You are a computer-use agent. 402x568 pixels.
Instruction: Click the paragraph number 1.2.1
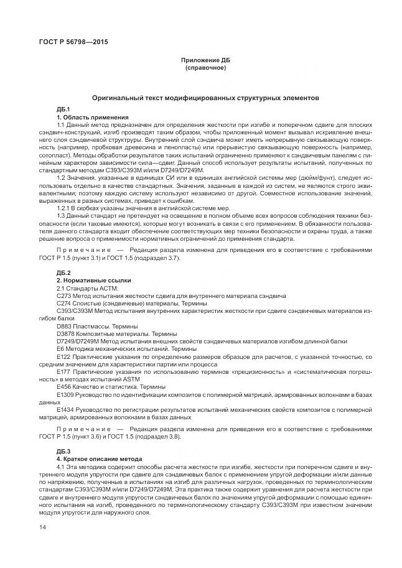pos(64,208)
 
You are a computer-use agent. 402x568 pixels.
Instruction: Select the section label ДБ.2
pos(63,273)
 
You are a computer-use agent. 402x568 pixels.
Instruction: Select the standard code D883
pos(64,326)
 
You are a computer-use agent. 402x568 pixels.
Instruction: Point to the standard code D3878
pos(66,333)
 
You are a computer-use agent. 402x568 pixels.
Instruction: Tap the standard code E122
pos(63,356)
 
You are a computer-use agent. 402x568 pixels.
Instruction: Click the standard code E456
pos(63,387)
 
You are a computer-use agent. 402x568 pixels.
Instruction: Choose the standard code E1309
pos(65,394)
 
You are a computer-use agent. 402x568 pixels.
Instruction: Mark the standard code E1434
pos(65,410)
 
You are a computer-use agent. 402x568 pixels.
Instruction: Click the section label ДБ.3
pos(63,450)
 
